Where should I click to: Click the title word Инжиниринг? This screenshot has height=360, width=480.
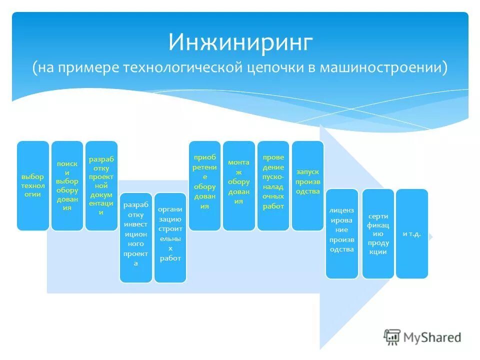(x=240, y=42)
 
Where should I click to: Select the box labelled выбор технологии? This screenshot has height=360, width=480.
(x=33, y=185)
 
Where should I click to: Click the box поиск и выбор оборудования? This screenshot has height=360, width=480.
(x=67, y=185)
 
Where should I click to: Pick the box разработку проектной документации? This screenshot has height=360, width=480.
(x=101, y=185)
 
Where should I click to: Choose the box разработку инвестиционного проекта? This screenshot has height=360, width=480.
(x=135, y=237)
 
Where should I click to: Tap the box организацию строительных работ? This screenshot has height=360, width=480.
(x=170, y=237)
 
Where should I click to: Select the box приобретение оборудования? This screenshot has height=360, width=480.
(x=204, y=185)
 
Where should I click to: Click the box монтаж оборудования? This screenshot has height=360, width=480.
(x=238, y=185)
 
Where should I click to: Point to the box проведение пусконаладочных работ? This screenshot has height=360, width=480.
(x=273, y=185)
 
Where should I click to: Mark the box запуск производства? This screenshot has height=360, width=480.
(x=307, y=185)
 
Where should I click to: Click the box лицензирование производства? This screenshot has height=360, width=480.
(x=342, y=233)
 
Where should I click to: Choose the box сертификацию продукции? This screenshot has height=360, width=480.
(x=378, y=233)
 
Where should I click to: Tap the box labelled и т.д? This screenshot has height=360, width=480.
(x=412, y=233)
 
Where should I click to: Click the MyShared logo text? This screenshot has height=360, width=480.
(x=432, y=337)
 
